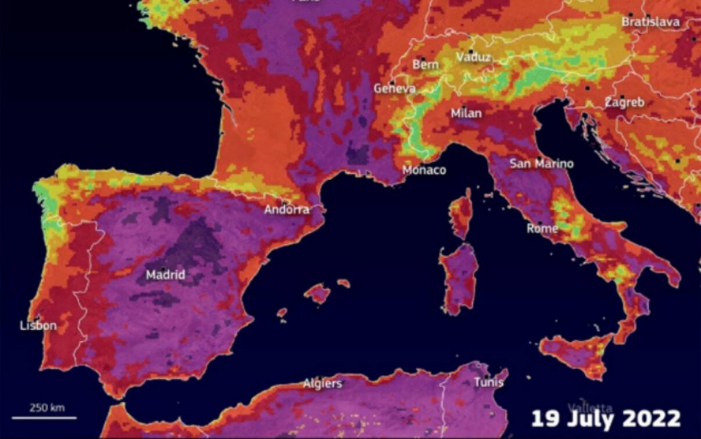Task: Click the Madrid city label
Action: [165, 275]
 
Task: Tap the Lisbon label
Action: [38, 326]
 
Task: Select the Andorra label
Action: [287, 210]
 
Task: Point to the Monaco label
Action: [424, 170]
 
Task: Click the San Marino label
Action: [541, 164]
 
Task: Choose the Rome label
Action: [542, 229]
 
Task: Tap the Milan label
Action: [466, 114]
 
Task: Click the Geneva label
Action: [395, 89]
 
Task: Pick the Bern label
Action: [425, 65]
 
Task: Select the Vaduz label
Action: [473, 58]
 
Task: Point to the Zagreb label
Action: [624, 103]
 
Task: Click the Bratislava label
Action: [650, 22]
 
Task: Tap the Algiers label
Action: [322, 384]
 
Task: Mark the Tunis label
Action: [488, 383]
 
